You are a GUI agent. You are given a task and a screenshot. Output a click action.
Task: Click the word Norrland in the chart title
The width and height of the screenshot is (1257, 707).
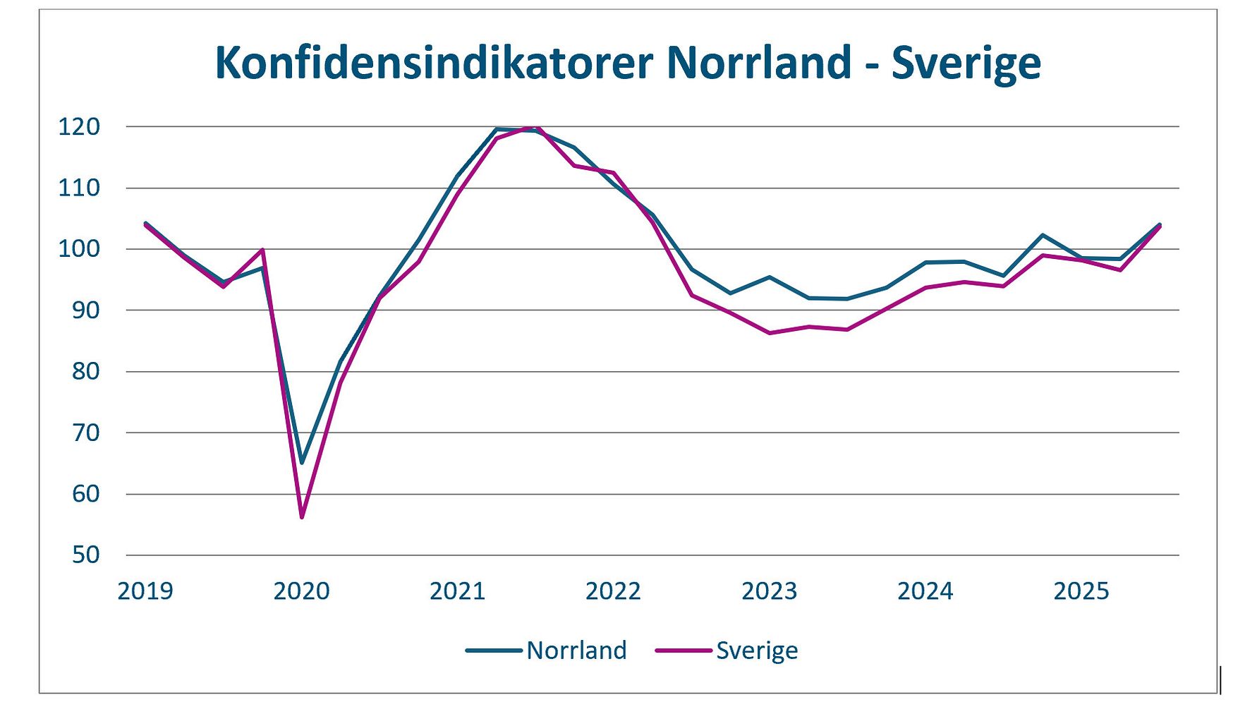[758, 64]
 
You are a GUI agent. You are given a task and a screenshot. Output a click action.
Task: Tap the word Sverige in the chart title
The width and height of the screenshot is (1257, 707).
[966, 64]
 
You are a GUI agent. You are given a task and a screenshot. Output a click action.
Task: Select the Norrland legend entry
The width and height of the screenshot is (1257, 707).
[576, 650]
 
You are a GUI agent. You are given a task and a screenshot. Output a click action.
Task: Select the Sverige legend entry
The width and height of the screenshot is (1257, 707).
[756, 650]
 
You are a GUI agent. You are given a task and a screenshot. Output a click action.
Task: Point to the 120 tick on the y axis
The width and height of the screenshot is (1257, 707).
[79, 127]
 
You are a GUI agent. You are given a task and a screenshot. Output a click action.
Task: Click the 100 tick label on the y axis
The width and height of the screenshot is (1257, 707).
[79, 249]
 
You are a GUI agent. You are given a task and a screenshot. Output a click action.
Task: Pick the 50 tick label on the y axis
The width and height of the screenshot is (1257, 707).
[85, 555]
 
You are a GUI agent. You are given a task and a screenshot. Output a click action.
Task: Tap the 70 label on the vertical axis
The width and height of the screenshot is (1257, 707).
[85, 433]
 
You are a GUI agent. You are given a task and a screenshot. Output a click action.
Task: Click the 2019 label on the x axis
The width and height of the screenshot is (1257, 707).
[145, 591]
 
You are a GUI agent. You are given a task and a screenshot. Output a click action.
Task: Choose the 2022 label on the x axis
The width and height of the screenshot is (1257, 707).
[613, 591]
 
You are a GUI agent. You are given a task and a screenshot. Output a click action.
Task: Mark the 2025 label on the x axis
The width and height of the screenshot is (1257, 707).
[1081, 591]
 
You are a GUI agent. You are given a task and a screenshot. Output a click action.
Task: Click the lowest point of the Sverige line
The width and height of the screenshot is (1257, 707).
[302, 517]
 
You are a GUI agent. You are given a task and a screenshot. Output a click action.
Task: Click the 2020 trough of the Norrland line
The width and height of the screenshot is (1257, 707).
[302, 463]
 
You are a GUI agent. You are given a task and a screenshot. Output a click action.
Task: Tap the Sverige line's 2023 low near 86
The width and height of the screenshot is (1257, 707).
[769, 333]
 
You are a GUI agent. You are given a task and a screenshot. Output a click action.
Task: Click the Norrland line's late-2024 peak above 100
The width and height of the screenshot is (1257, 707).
[1043, 235]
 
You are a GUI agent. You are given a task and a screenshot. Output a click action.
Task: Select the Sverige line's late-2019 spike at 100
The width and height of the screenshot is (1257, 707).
[262, 250]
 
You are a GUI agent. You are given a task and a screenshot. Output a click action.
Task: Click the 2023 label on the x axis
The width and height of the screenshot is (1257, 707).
[769, 591]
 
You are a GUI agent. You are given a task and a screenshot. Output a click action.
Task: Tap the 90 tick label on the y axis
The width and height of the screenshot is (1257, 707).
[85, 310]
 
